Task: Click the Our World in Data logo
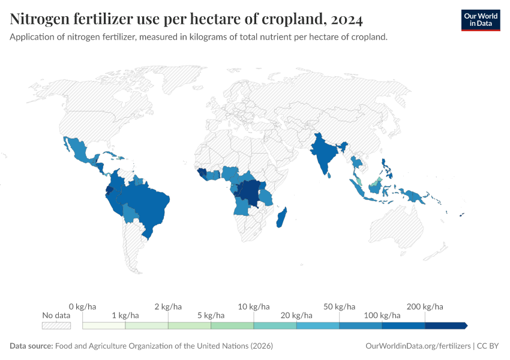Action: (x=480, y=19)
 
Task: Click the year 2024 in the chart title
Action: (x=346, y=20)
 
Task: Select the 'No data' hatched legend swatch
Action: (x=56, y=326)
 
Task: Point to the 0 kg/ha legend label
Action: (x=83, y=307)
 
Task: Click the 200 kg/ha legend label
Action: (x=425, y=307)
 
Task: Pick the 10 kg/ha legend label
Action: (x=254, y=307)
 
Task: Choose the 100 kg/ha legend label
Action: (x=382, y=315)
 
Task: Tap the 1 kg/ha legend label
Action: (x=125, y=315)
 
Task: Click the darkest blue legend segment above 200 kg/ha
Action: (x=446, y=326)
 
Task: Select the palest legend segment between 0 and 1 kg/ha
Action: (x=104, y=326)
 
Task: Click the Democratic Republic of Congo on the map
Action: (x=249, y=191)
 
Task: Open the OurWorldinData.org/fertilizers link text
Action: (x=418, y=346)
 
